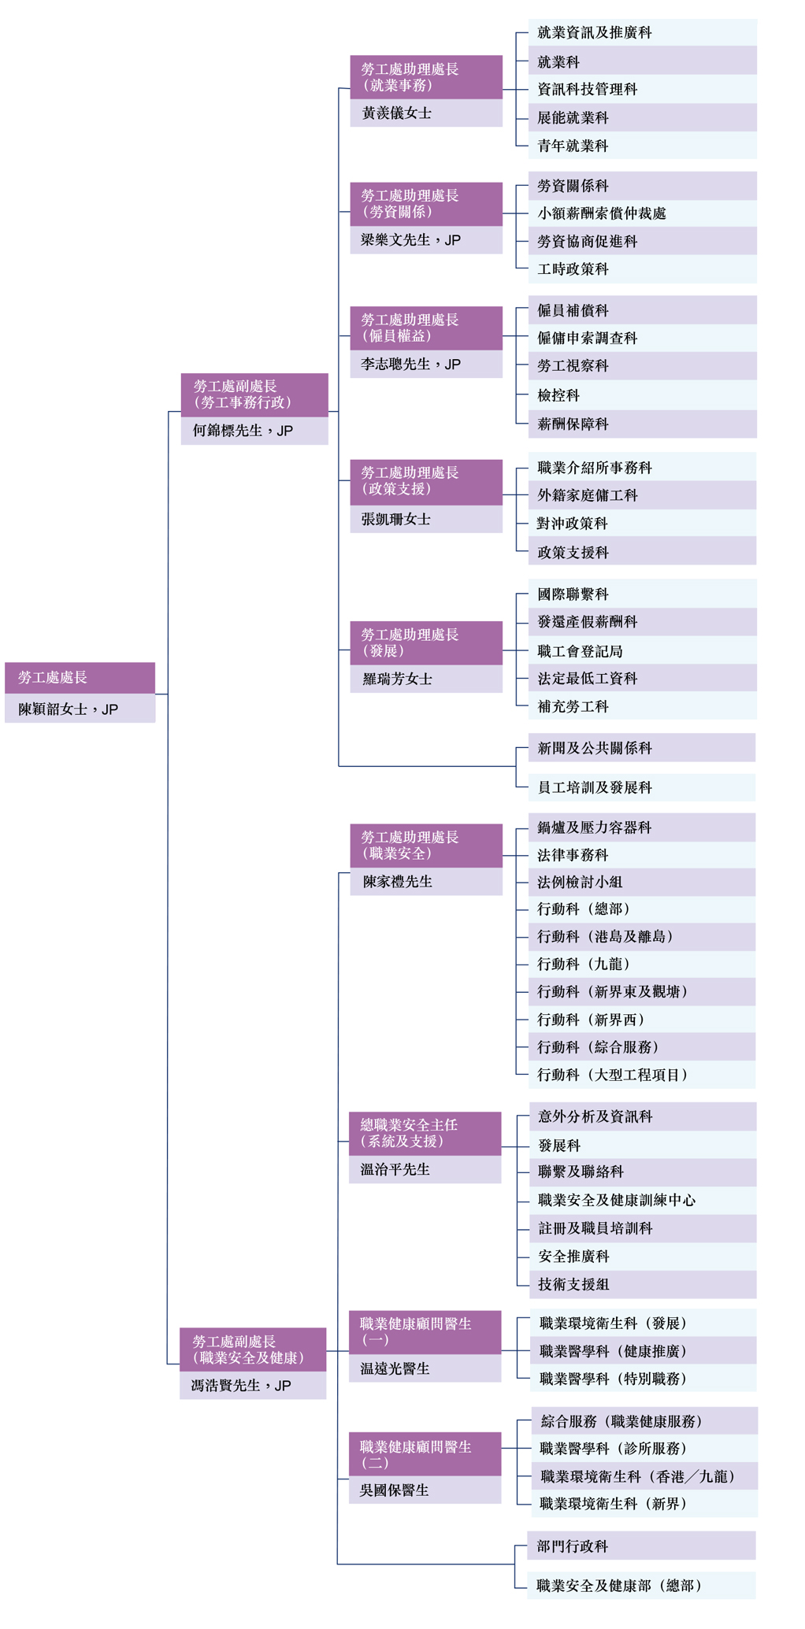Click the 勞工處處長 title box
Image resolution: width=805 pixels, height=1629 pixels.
tap(80, 678)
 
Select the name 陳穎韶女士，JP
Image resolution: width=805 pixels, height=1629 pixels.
tap(69, 709)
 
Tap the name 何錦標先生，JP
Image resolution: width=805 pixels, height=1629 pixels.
tap(243, 431)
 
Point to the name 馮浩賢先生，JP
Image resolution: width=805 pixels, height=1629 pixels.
tap(241, 1386)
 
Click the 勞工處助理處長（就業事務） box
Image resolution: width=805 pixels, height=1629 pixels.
tap(426, 77)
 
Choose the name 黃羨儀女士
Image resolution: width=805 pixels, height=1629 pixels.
tap(397, 113)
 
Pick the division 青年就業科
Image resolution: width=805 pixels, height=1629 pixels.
tap(573, 146)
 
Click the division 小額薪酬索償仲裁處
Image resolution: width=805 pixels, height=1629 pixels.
tap(602, 213)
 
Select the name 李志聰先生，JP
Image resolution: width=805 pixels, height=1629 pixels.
tap(411, 365)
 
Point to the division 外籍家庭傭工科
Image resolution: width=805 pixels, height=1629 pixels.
tap(588, 495)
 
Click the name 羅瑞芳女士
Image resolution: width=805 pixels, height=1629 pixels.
tap(397, 679)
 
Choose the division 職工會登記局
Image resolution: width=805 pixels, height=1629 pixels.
tap(581, 651)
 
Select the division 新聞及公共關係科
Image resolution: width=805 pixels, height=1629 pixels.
tap(595, 748)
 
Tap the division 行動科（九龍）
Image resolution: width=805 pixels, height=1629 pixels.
tap(584, 964)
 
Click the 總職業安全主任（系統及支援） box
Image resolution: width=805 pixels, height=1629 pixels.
tap(425, 1134)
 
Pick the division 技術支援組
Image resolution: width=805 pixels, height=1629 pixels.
tap(573, 1284)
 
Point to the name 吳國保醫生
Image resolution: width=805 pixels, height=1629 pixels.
tap(395, 1490)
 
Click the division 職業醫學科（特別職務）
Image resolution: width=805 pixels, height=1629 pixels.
tap(614, 1379)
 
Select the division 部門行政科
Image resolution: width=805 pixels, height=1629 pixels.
tap(573, 1546)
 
